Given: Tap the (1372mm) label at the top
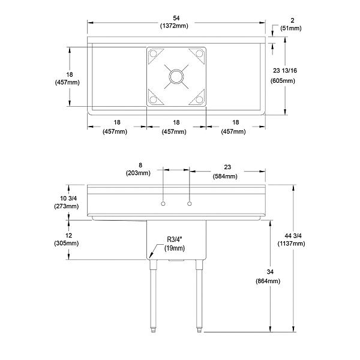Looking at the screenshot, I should pyautogui.click(x=176, y=28).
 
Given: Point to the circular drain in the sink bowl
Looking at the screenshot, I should pyautogui.click(x=177, y=76).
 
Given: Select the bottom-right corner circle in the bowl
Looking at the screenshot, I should pyautogui.click(x=199, y=99).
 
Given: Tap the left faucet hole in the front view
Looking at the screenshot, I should pyautogui.click(x=163, y=205).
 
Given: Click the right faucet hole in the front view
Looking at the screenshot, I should pyautogui.click(x=190, y=205).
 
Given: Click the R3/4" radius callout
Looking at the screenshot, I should pyautogui.click(x=174, y=239).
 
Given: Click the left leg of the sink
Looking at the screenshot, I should pyautogui.click(x=152, y=294).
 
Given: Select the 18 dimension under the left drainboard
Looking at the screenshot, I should pyautogui.click(x=116, y=122).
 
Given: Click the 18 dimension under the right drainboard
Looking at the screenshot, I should pyautogui.click(x=236, y=122).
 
